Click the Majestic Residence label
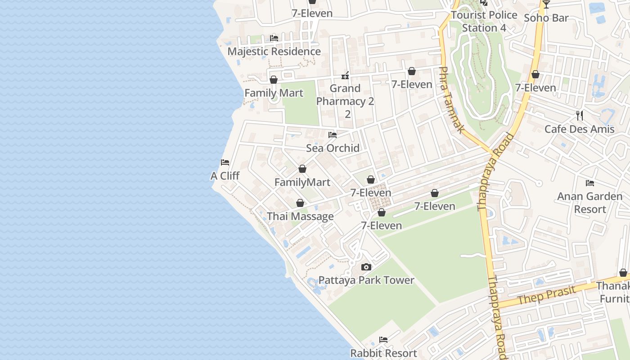[274, 51]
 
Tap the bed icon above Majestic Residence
[274, 38]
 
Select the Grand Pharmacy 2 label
[345, 95]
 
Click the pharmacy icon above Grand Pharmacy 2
[345, 75]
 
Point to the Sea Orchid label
[333, 148]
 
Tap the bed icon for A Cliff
[225, 162]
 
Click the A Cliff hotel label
[225, 175]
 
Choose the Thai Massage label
[300, 216]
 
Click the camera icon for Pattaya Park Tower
[366, 267]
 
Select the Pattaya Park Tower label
[366, 280]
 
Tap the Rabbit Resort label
[383, 353]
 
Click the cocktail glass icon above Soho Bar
[546, 4]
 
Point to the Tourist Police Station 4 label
[484, 21]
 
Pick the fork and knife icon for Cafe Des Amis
[580, 116]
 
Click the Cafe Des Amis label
[580, 129]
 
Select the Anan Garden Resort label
[590, 202]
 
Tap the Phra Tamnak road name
[451, 100]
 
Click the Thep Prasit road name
[546, 294]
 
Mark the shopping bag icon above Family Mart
[273, 80]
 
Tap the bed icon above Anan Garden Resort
[590, 183]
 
